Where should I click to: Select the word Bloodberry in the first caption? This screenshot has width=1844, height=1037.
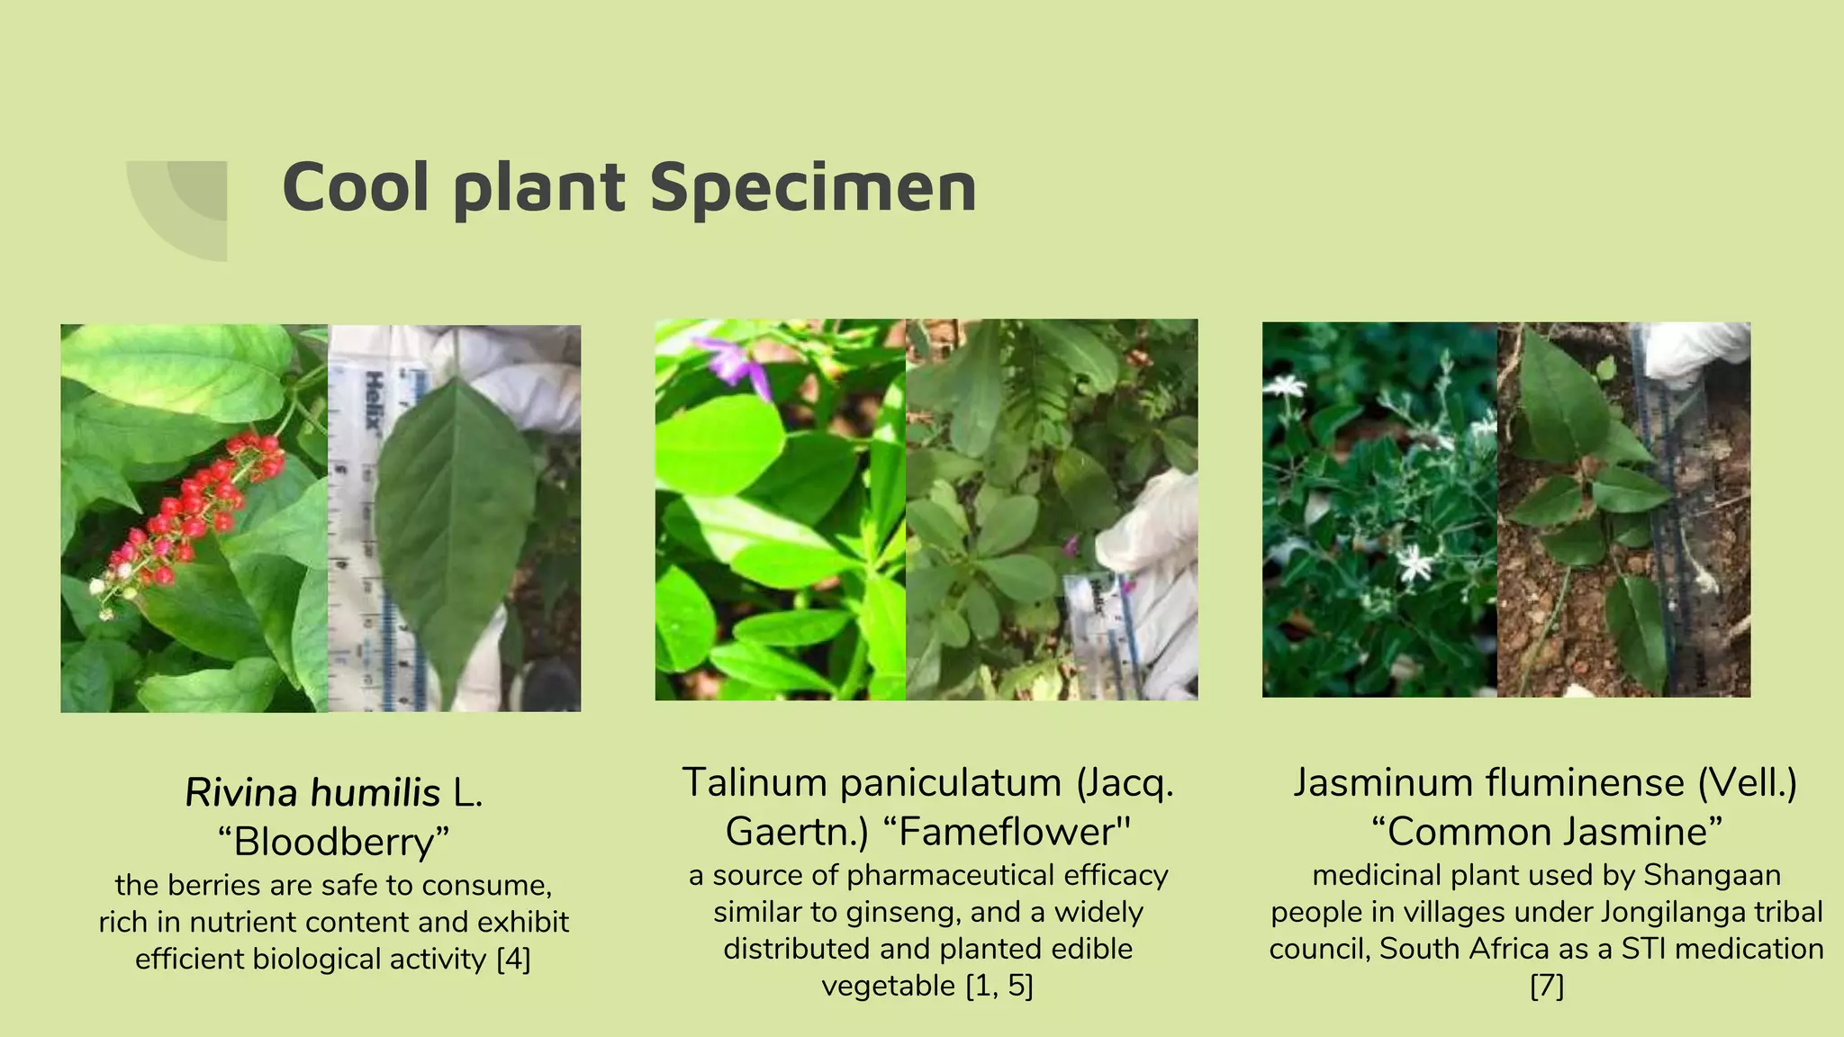(x=333, y=842)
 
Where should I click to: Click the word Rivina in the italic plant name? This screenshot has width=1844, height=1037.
(x=240, y=793)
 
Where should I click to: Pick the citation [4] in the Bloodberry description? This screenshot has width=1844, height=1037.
(x=513, y=960)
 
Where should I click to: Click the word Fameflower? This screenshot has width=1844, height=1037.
(x=1013, y=832)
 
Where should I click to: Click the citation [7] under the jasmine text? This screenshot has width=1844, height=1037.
(x=1547, y=986)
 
